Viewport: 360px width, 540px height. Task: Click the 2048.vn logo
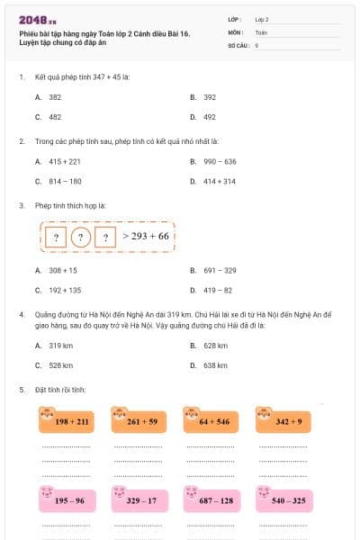pyautogui.click(x=32, y=19)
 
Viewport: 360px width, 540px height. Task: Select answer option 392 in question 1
pyautogui.click(x=209, y=96)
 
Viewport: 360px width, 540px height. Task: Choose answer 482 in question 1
pyautogui.click(x=55, y=117)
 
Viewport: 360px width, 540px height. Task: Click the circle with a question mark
pyautogui.click(x=81, y=238)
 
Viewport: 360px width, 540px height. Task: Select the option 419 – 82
pyautogui.click(x=217, y=290)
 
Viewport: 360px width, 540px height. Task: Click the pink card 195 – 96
pyautogui.click(x=69, y=499)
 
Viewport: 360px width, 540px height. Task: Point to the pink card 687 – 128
pyautogui.click(x=215, y=499)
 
